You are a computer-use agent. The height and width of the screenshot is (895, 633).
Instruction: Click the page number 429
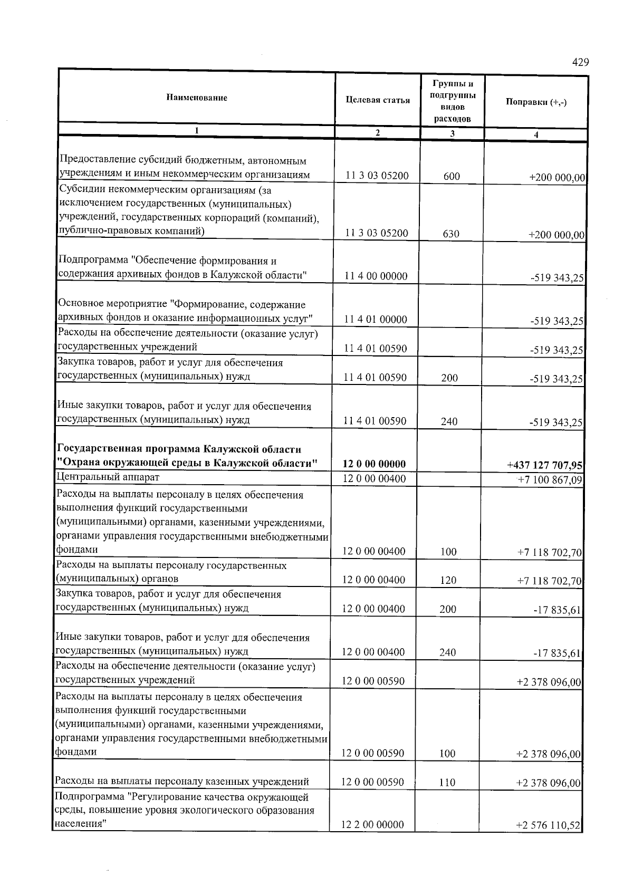pyautogui.click(x=580, y=63)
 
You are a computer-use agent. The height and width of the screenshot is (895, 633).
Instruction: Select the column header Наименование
pyautogui.click(x=197, y=98)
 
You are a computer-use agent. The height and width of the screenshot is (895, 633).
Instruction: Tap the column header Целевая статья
pyautogui.click(x=378, y=100)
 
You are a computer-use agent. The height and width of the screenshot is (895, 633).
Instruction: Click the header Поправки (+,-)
pyautogui.click(x=536, y=102)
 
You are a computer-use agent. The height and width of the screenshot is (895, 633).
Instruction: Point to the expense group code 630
pyautogui.click(x=451, y=234)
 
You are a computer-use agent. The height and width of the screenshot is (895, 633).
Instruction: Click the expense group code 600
pyautogui.click(x=452, y=177)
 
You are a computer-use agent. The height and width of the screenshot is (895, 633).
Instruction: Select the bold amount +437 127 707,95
pyautogui.click(x=544, y=465)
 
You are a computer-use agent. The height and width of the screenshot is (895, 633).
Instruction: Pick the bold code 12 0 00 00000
pyautogui.click(x=374, y=464)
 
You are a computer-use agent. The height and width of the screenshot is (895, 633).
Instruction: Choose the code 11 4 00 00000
pyautogui.click(x=376, y=276)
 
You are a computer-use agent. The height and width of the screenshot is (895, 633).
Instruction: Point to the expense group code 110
pyautogui.click(x=447, y=783)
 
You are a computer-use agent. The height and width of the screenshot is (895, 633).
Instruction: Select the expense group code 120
pyautogui.click(x=448, y=581)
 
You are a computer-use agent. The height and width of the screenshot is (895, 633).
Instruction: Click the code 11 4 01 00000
pyautogui.click(x=376, y=320)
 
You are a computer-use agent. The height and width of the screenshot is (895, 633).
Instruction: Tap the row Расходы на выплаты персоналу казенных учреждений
pyautogui.click(x=182, y=782)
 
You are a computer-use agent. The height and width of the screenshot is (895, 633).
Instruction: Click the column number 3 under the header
pyautogui.click(x=452, y=134)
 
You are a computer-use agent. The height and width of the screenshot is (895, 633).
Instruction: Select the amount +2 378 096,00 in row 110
pyautogui.click(x=549, y=783)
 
